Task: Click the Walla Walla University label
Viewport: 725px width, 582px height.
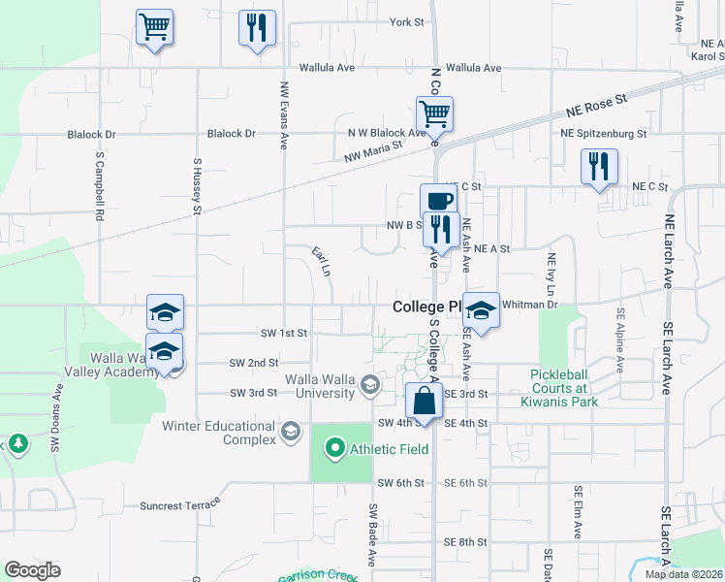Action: click(x=319, y=385)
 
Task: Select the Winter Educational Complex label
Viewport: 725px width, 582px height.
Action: click(x=219, y=433)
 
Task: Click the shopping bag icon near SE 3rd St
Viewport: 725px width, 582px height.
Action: click(x=424, y=399)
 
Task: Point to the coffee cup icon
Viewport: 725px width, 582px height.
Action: click(x=438, y=201)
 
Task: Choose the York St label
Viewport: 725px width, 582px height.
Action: click(x=407, y=21)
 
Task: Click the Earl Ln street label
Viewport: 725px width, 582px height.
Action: click(x=322, y=261)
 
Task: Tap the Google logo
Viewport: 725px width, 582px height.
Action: click(x=32, y=570)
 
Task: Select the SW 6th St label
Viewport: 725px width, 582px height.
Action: click(x=401, y=483)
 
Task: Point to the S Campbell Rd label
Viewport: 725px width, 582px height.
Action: click(x=100, y=183)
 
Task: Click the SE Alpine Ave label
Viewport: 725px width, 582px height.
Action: click(x=619, y=343)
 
